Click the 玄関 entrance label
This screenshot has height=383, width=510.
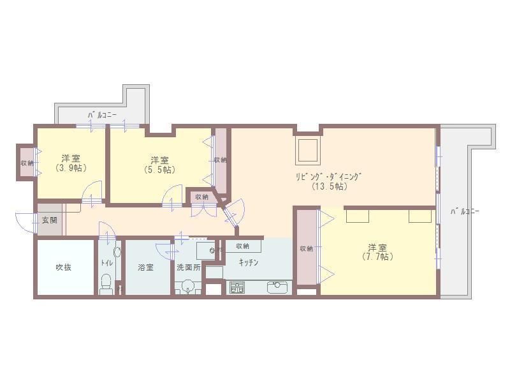(x=49, y=220)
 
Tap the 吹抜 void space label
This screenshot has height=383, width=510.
(x=63, y=267)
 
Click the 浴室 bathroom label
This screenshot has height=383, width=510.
(x=145, y=267)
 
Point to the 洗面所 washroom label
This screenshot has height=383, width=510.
(x=188, y=267)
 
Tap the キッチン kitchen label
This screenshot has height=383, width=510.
(x=249, y=262)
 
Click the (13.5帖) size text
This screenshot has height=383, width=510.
(x=329, y=186)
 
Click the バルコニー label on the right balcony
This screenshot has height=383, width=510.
(x=465, y=211)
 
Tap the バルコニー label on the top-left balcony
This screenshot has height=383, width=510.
(x=102, y=115)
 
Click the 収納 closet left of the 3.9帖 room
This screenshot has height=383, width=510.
(x=26, y=163)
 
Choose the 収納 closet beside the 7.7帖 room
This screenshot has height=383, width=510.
(x=306, y=248)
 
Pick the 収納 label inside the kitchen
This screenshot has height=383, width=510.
(x=242, y=246)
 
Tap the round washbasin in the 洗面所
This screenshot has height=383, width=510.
(x=188, y=285)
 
